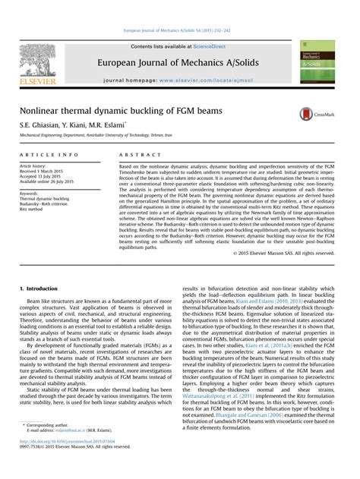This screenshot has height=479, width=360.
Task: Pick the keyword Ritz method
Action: click(32, 209)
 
